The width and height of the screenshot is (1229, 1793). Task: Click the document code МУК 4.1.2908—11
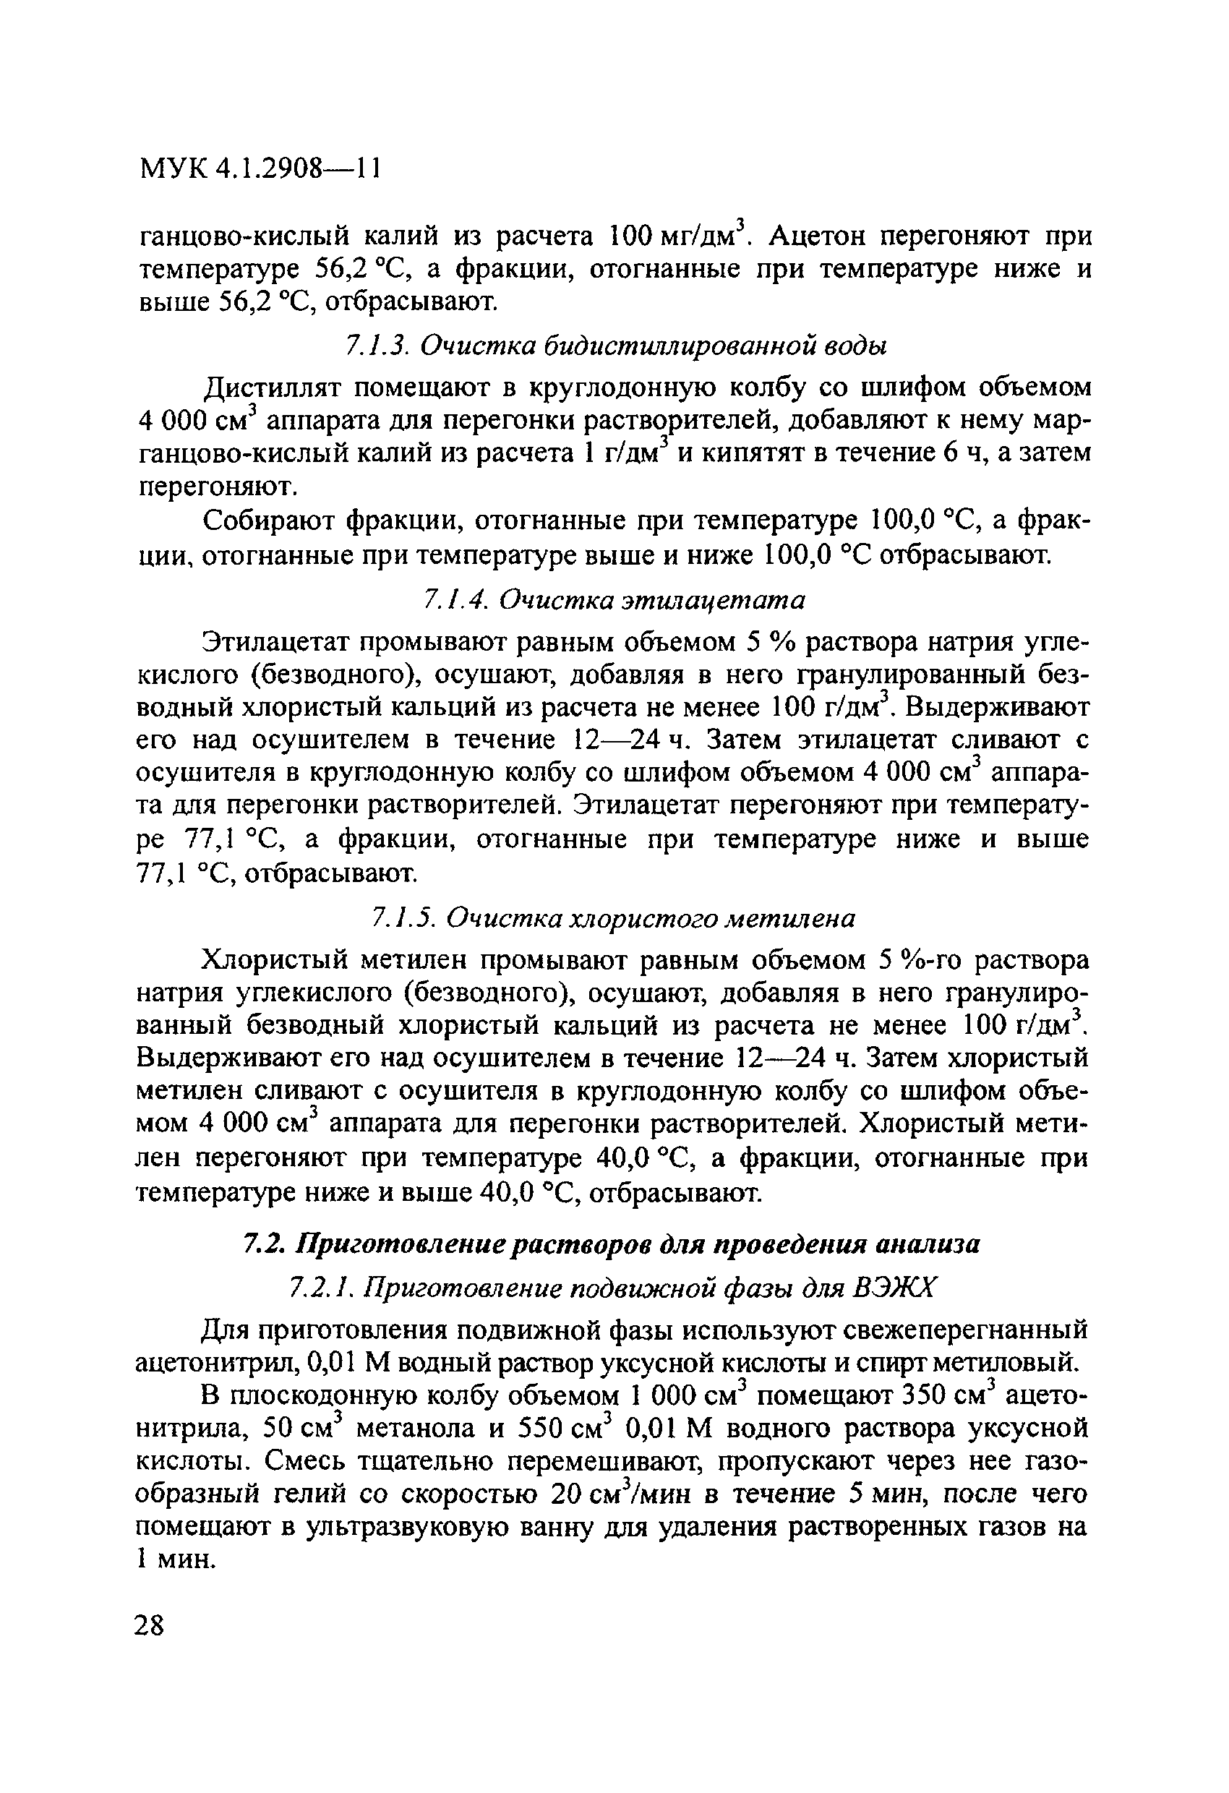coord(260,169)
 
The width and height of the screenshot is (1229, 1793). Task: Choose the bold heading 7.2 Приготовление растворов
coord(612,1244)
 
